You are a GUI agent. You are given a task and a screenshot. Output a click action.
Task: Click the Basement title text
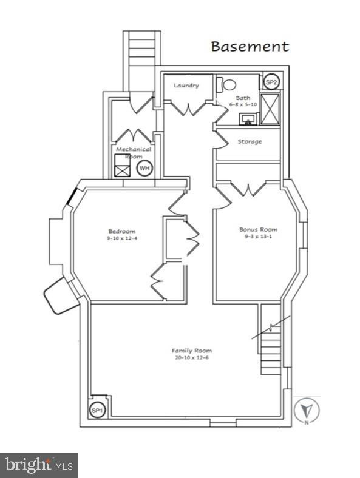pos(250,47)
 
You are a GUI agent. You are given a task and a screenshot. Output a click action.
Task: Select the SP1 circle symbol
pos(97,410)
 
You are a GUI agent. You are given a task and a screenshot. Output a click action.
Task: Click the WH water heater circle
pos(144,168)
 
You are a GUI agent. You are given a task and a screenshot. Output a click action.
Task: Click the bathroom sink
pos(249,118)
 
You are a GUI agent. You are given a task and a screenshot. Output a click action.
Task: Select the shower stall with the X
pos(270,109)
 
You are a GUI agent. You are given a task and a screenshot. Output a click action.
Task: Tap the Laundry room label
pos(186,86)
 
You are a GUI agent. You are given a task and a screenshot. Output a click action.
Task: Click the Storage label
pos(250,141)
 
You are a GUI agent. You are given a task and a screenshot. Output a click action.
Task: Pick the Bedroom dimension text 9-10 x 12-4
pos(122,238)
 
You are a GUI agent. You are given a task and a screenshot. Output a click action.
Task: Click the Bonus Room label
pos(258,229)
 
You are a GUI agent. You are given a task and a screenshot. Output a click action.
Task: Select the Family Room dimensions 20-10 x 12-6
pos(192,357)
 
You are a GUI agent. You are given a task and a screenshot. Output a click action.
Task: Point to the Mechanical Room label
pos(134,153)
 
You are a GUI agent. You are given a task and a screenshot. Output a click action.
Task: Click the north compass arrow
pos(307,409)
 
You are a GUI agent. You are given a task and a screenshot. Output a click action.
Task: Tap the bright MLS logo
pos(39,465)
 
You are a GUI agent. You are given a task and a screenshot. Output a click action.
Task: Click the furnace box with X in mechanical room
pos(122,165)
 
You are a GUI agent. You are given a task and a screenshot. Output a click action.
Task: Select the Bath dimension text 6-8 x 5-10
pos(243,104)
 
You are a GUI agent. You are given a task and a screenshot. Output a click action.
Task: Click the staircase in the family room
pos(271,339)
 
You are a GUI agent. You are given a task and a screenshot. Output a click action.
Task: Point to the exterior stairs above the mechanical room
pos(142,61)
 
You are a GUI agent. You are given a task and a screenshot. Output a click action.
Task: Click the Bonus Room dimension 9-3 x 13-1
pos(258,236)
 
